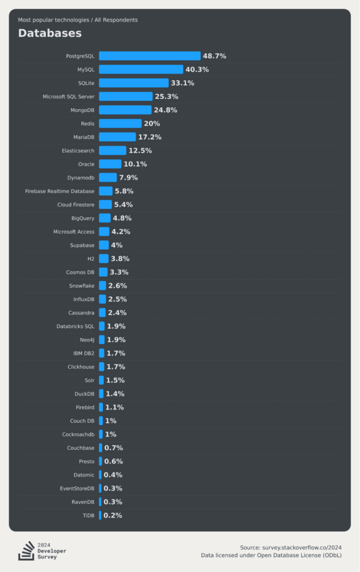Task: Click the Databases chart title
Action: tap(50, 33)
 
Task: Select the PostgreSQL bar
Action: tap(150, 56)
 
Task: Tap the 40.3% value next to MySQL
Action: tap(197, 69)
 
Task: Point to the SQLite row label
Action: tap(87, 83)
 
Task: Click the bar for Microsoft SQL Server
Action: tap(126, 97)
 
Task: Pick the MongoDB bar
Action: tap(125, 110)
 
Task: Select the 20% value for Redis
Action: tap(152, 123)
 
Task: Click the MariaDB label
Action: tap(84, 137)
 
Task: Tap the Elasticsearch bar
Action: tap(113, 150)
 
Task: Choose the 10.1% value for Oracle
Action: tap(135, 164)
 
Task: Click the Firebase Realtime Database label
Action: tap(60, 191)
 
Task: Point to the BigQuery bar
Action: tap(105, 218)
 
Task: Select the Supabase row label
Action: tap(82, 245)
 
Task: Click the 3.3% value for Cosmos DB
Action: tap(119, 272)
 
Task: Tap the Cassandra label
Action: tap(81, 313)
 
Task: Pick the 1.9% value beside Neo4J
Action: tap(116, 340)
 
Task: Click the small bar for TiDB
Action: tap(100, 516)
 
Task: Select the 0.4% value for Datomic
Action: tap(113, 475)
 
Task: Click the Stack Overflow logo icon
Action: tap(26, 550)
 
